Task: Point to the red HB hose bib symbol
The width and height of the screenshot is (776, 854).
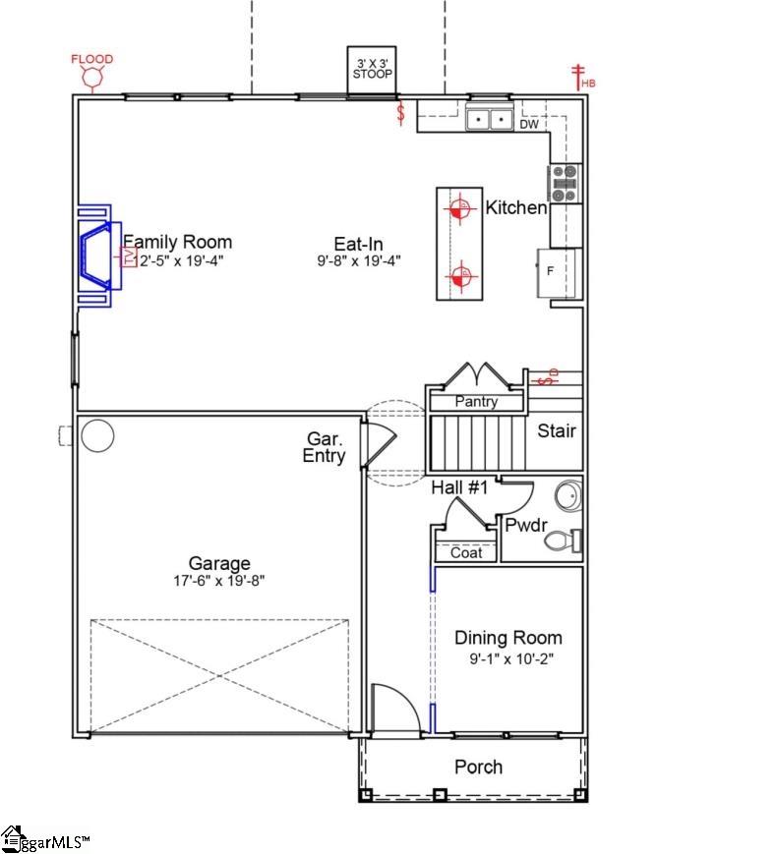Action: (579, 76)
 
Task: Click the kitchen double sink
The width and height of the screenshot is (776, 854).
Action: (489, 120)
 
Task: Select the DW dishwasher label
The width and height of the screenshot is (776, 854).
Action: (529, 125)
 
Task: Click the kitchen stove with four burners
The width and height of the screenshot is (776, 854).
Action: (565, 184)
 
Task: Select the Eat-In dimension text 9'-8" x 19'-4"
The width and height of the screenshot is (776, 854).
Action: (358, 261)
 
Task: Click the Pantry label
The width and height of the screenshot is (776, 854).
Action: (476, 402)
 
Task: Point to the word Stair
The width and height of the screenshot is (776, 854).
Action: (557, 430)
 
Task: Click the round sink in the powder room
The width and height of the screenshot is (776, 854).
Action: (567, 496)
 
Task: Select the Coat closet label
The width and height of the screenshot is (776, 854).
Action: (466, 553)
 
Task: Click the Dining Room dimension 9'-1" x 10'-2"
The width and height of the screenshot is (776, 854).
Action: (507, 659)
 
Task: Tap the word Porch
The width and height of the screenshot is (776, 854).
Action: (478, 767)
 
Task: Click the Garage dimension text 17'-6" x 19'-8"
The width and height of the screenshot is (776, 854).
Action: (219, 581)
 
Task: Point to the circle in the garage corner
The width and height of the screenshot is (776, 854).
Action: (97, 434)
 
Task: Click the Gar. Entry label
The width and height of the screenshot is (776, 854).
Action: (326, 448)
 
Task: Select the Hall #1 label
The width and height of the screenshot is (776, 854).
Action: (459, 486)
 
